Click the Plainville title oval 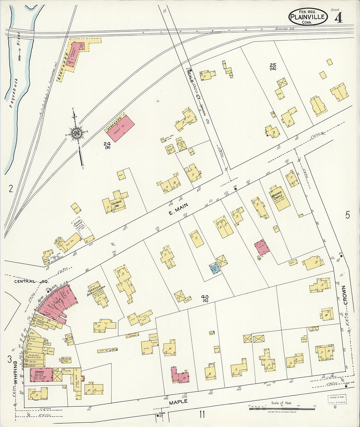[308, 17]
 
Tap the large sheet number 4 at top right [338, 17]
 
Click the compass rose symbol [77, 133]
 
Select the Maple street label [178, 402]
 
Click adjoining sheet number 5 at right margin [347, 215]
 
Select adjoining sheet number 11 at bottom [202, 415]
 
